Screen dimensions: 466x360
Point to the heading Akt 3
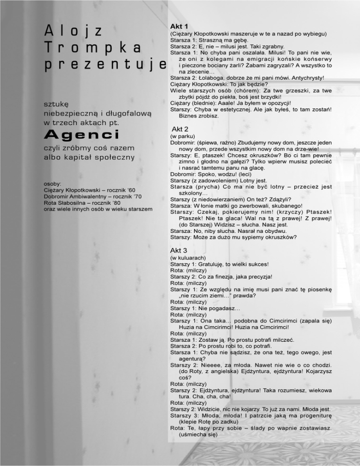pos(179,250)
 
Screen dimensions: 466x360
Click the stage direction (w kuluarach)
pos(187,257)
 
